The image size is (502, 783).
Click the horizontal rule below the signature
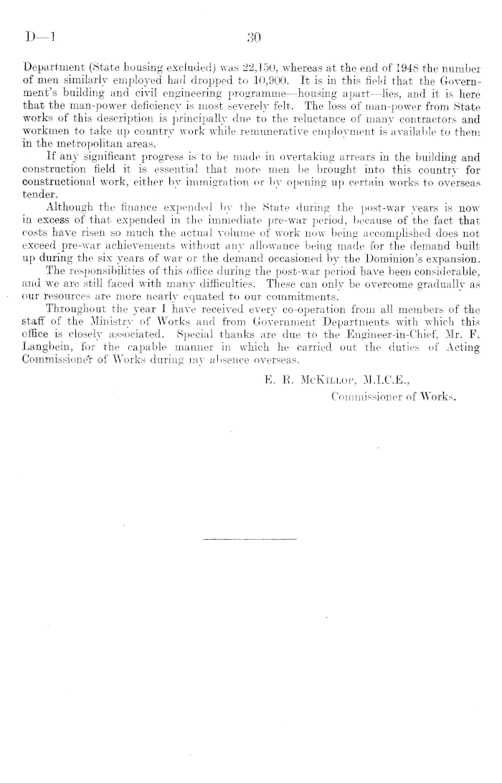pos(249,539)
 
